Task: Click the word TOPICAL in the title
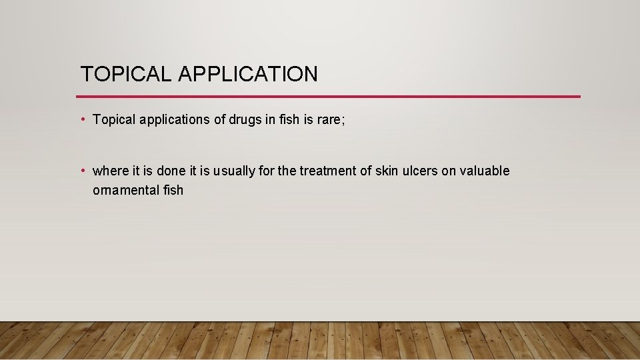coord(125,74)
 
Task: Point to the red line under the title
coord(330,97)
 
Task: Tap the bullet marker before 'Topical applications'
coord(81,119)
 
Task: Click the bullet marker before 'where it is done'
coord(81,171)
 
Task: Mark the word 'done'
coord(171,171)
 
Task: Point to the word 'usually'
coord(234,171)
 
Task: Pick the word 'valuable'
coord(485,171)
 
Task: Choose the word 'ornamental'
coord(125,190)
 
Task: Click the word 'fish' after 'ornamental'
coord(173,190)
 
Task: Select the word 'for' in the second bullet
coord(266,171)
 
